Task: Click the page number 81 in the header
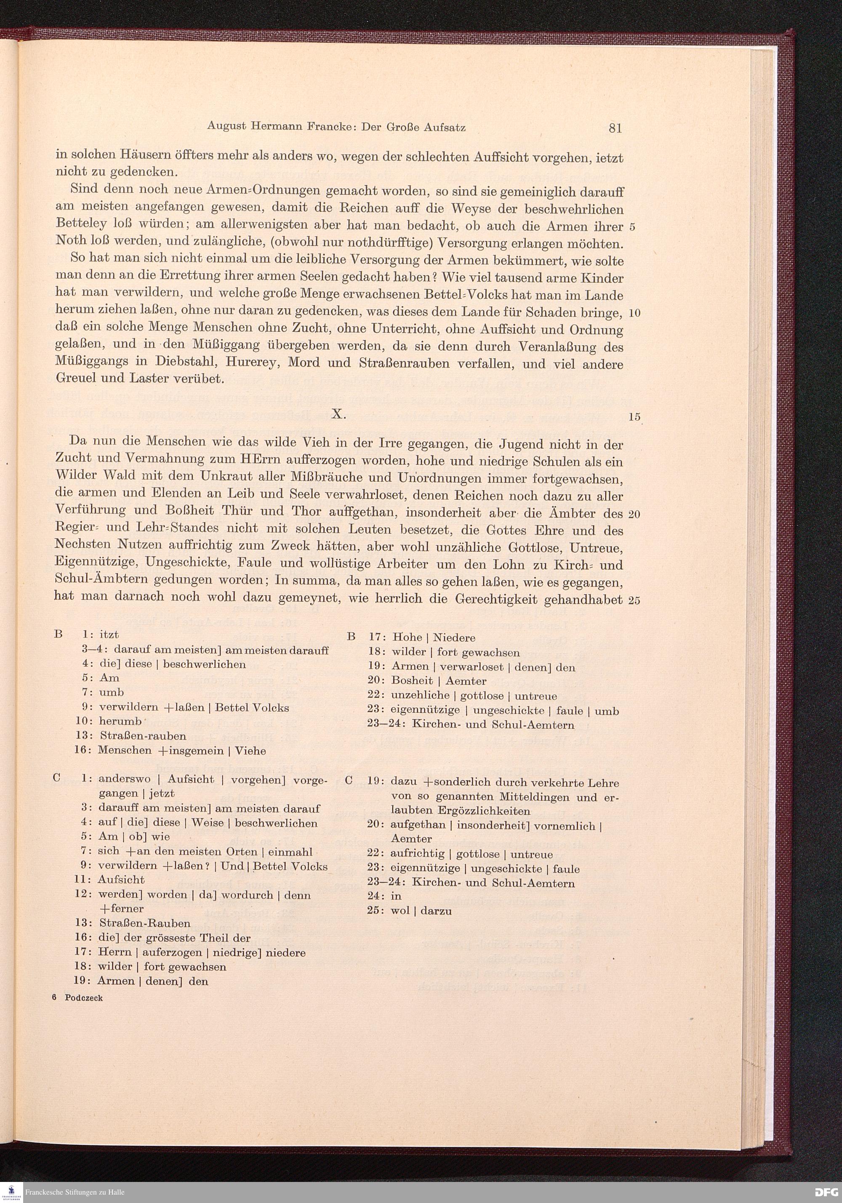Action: click(615, 128)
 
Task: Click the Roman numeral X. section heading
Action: click(338, 414)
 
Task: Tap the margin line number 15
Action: click(634, 417)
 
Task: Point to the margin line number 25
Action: click(634, 600)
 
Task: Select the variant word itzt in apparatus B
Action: click(109, 635)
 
